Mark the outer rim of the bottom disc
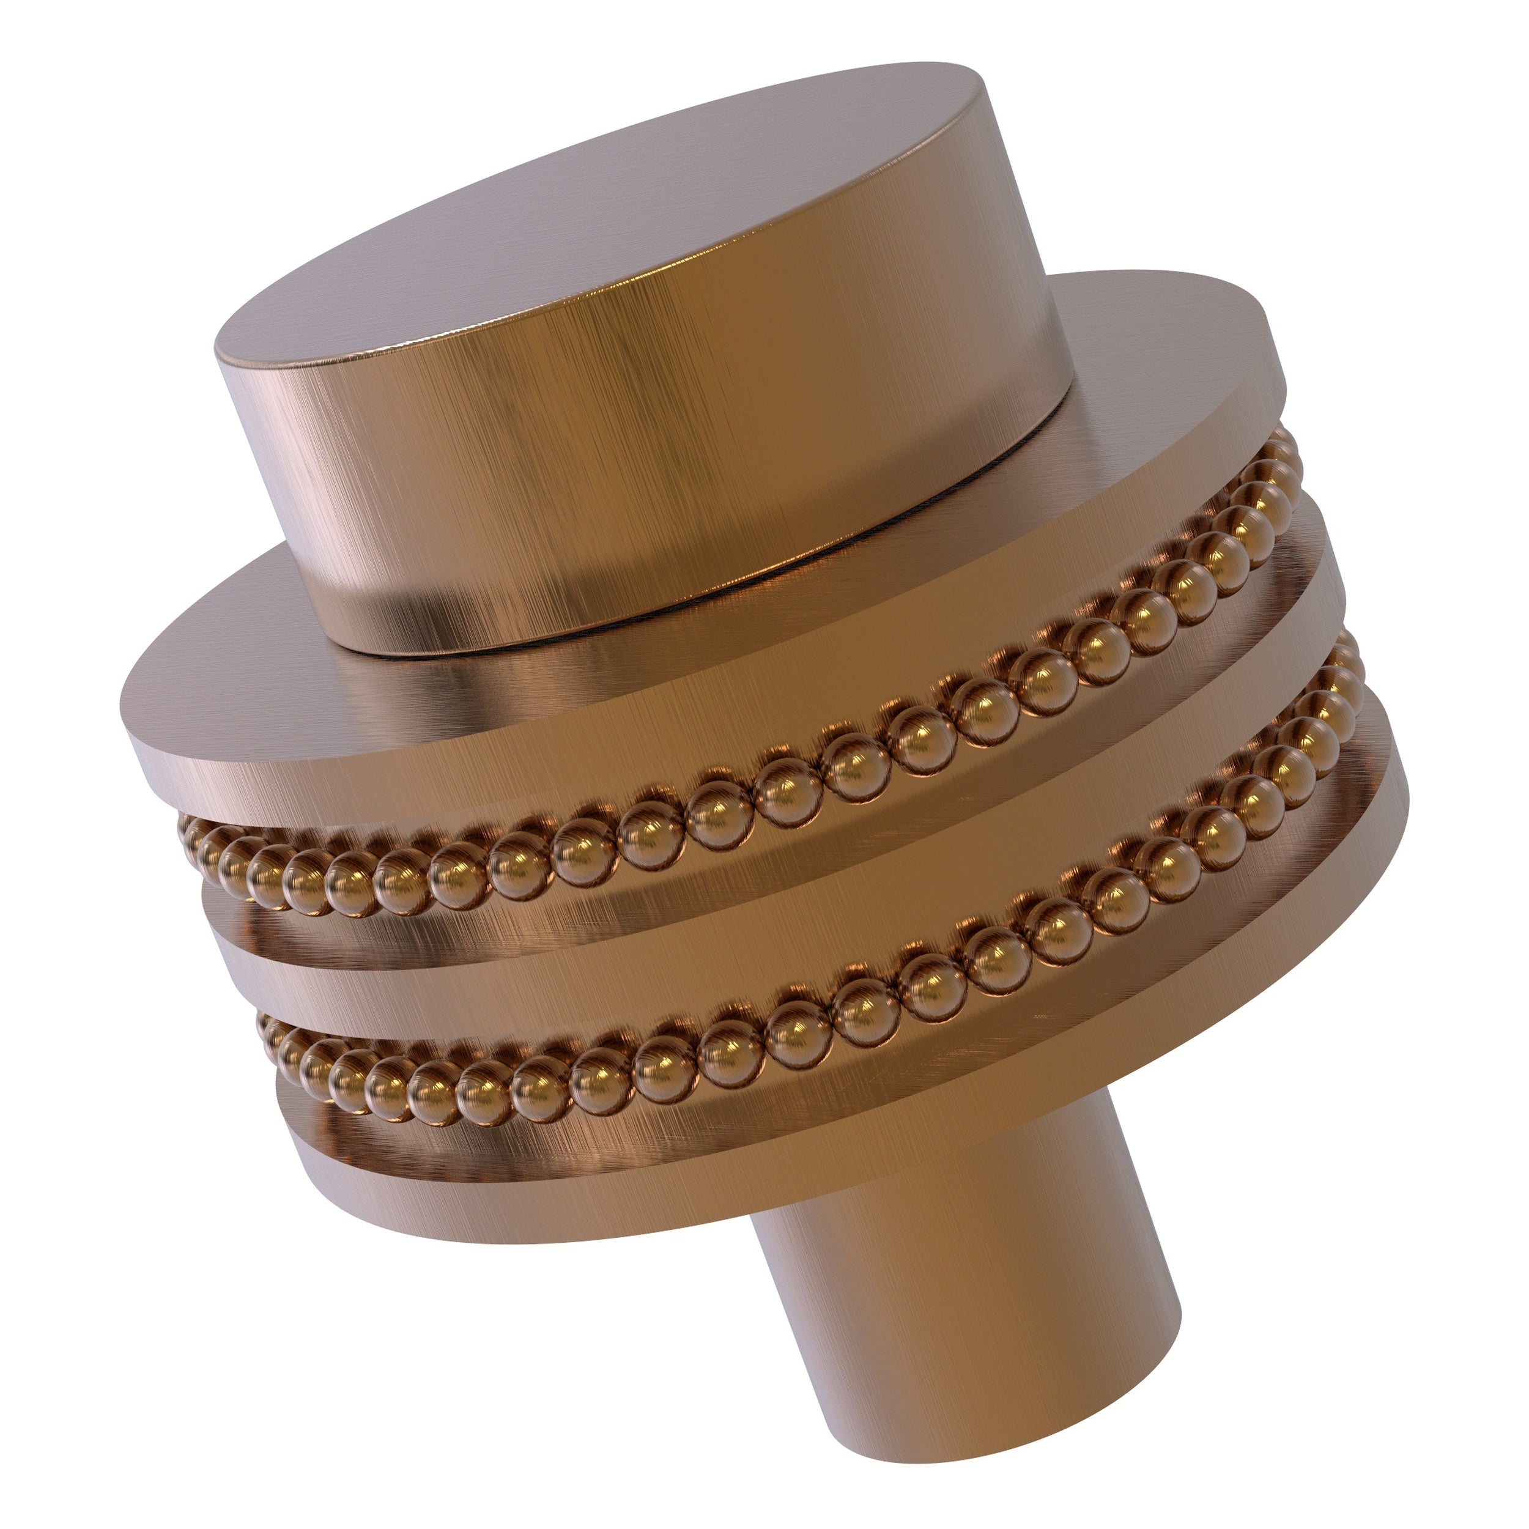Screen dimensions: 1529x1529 point(633,1187)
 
